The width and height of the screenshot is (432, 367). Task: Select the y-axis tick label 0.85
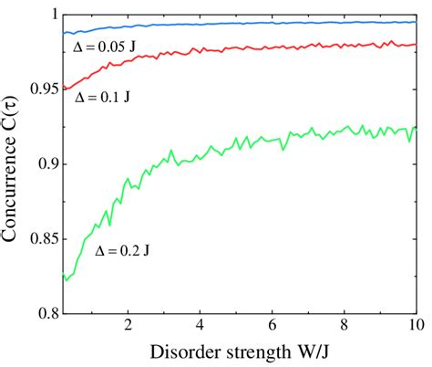coord(42,240)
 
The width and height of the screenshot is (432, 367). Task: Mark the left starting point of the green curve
coord(62,272)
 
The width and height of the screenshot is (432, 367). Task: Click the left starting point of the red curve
coord(62,89)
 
